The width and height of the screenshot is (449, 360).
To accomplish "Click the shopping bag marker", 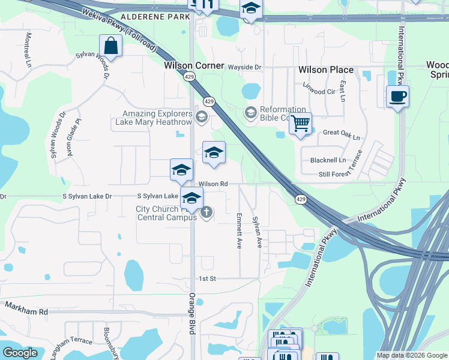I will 111,45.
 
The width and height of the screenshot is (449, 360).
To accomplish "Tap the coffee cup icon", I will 397,96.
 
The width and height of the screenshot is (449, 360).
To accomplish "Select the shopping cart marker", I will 300,124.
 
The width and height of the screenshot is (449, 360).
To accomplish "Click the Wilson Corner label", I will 194,65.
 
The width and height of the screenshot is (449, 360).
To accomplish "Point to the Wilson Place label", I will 326,70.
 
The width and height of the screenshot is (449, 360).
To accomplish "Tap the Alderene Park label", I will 155,18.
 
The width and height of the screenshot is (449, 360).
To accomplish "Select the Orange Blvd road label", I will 193,317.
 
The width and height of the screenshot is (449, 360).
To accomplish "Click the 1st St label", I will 207,279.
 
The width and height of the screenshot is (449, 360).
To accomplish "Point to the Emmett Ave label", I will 239,231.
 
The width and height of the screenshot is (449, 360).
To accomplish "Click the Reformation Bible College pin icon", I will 250,112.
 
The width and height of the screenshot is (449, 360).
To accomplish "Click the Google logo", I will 20,353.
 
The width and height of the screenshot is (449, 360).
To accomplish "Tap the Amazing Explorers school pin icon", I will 201,116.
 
